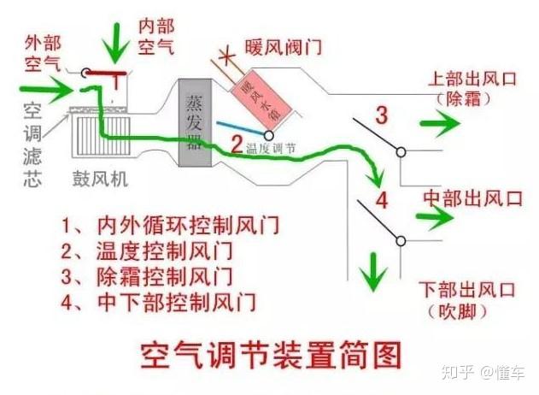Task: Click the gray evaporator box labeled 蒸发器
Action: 196,123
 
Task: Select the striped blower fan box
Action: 103,136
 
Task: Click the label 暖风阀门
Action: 284,47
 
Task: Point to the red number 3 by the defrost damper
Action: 381,115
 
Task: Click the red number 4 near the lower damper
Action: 382,200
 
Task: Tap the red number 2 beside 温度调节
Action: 237,144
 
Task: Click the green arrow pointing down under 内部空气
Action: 116,43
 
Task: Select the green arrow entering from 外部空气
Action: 46,90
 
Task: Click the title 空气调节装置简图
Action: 272,356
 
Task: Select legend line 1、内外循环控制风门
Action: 170,226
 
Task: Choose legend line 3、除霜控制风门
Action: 147,277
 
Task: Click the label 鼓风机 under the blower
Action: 101,179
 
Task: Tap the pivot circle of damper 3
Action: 401,152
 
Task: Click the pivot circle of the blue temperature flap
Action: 268,135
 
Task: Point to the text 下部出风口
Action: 467,290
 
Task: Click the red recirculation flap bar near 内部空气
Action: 106,73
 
